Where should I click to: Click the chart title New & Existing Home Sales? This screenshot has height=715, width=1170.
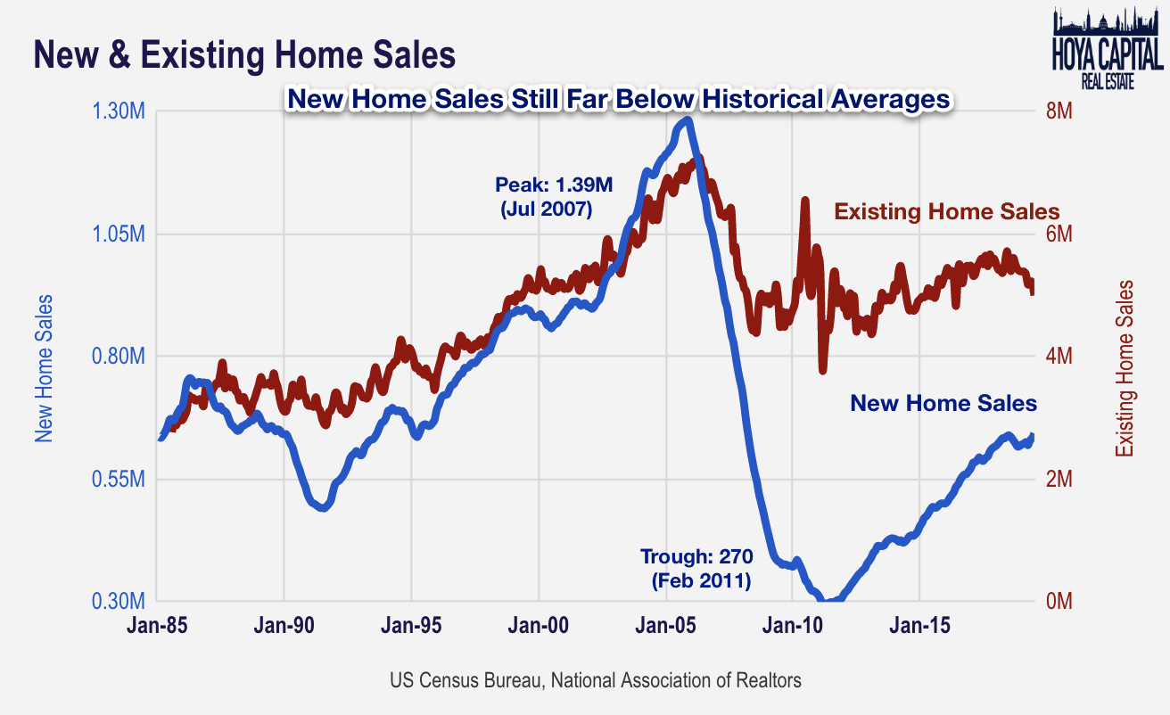click(244, 55)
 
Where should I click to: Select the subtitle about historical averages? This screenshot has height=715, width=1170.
click(617, 99)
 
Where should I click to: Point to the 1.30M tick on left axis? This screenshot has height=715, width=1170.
click(119, 112)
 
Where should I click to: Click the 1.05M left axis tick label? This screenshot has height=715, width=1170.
click(119, 234)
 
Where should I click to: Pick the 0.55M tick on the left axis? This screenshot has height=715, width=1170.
click(119, 480)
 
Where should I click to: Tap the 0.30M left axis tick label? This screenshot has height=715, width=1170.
click(119, 601)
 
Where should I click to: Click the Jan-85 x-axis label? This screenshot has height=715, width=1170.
click(157, 627)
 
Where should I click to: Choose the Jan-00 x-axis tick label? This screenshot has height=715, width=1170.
click(539, 627)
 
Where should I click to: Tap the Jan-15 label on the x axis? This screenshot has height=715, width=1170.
click(919, 627)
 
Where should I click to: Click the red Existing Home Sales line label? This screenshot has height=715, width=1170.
click(946, 212)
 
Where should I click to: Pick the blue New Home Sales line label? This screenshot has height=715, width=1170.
click(943, 403)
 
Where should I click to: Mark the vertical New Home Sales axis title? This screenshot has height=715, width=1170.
click(44, 368)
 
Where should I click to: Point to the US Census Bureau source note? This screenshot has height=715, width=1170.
click(595, 680)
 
